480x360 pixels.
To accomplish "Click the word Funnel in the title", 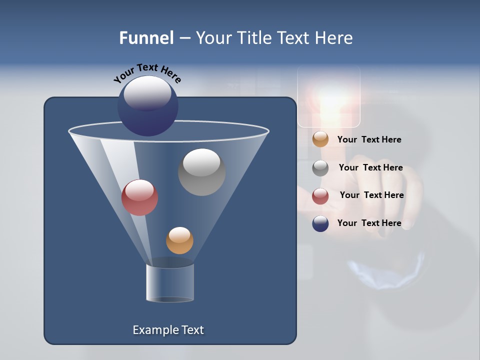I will click(x=146, y=38).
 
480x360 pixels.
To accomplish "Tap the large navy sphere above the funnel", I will click(x=148, y=105).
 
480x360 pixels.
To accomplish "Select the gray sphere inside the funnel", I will click(x=201, y=172).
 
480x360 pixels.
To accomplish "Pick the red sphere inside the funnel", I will click(x=139, y=197).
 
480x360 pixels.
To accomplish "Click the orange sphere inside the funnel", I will click(x=179, y=240).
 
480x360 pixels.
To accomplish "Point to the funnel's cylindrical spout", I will click(x=170, y=282).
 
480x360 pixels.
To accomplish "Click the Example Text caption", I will click(x=168, y=330).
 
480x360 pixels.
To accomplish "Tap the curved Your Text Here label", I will click(x=147, y=73).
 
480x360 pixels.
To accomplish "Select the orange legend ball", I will click(x=320, y=139).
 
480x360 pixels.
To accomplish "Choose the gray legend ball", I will click(x=320, y=168).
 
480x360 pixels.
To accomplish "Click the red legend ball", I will click(x=320, y=196).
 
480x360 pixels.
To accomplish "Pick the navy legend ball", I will click(x=320, y=223).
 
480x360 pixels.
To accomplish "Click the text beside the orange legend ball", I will click(x=369, y=140).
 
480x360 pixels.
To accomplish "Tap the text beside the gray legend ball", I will click(x=370, y=168).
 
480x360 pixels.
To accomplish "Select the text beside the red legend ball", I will click(x=371, y=195).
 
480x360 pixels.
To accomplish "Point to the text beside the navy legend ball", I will click(x=369, y=223).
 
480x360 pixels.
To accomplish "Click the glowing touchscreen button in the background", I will click(x=329, y=97).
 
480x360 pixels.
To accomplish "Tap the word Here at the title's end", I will click(x=335, y=38).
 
